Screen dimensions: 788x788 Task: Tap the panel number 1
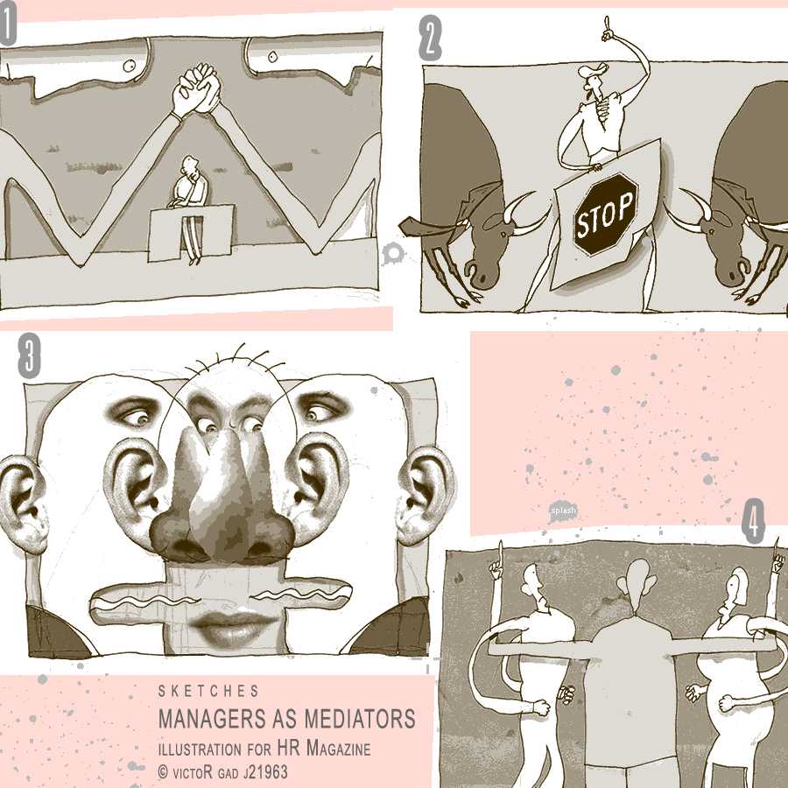click(x=8, y=28)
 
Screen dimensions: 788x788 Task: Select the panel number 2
click(x=430, y=39)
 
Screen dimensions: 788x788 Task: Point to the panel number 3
click(x=29, y=355)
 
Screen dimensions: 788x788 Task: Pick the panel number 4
click(x=753, y=521)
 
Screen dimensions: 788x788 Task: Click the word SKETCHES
click(x=208, y=691)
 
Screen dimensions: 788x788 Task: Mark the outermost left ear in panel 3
click(x=25, y=503)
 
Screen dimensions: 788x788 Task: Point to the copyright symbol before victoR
click(x=163, y=772)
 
